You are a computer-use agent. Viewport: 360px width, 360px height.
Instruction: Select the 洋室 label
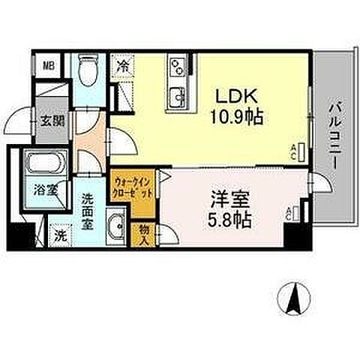(x=230, y=202)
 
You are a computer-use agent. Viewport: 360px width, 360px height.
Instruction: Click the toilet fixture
(x=89, y=72)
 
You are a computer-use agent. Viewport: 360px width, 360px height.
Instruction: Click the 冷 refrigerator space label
(x=123, y=65)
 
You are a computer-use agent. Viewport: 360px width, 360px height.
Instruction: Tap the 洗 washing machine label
(x=61, y=233)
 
